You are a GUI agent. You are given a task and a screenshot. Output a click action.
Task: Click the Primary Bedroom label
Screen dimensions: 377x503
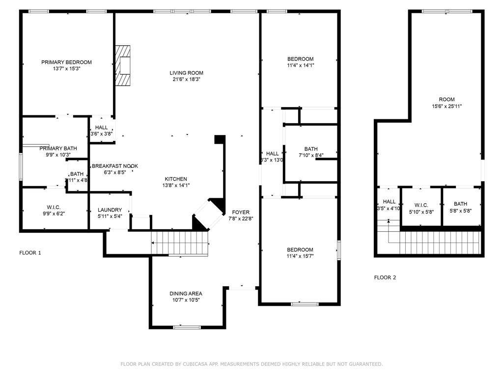pyautogui.click(x=66, y=62)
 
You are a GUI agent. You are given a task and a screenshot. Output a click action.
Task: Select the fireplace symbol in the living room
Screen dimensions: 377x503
pyautogui.click(x=123, y=66)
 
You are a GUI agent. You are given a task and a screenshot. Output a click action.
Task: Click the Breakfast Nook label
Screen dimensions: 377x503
pyautogui.click(x=115, y=166)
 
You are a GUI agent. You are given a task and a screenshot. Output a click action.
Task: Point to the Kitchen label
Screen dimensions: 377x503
pyautogui.click(x=175, y=179)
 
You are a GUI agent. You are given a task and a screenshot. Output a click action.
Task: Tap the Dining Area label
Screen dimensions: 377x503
pyautogui.click(x=186, y=293)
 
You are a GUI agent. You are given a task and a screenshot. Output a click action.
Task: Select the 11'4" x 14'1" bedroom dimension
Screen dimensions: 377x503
pyautogui.click(x=301, y=65)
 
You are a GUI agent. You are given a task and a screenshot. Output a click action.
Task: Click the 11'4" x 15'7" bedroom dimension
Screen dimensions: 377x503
pyautogui.click(x=300, y=256)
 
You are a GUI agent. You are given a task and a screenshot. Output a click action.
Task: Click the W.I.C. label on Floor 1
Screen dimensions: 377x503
pyautogui.click(x=53, y=207)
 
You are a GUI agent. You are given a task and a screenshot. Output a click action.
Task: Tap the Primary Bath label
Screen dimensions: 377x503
pyautogui.click(x=58, y=148)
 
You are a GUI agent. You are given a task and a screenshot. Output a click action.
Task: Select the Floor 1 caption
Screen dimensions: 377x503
pyautogui.click(x=30, y=253)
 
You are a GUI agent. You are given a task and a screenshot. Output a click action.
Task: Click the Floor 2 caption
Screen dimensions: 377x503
pyautogui.click(x=385, y=277)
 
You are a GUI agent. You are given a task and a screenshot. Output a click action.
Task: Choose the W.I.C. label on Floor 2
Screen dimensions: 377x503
pyautogui.click(x=421, y=205)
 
